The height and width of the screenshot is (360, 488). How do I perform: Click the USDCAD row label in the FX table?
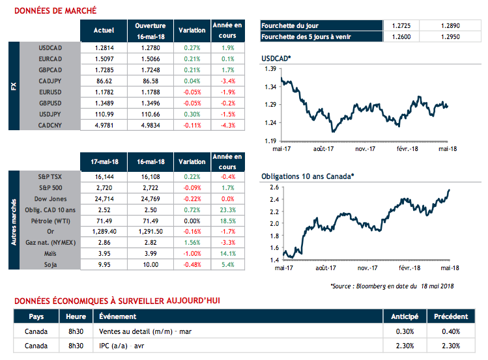50,48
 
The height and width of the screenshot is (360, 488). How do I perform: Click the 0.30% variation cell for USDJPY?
192,114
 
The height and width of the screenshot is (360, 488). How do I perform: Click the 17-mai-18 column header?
104,161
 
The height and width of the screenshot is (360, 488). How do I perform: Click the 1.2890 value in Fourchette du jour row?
449,25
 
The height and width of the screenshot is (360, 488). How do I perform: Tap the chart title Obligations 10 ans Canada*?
308,176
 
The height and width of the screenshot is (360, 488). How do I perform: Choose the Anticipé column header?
404,316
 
